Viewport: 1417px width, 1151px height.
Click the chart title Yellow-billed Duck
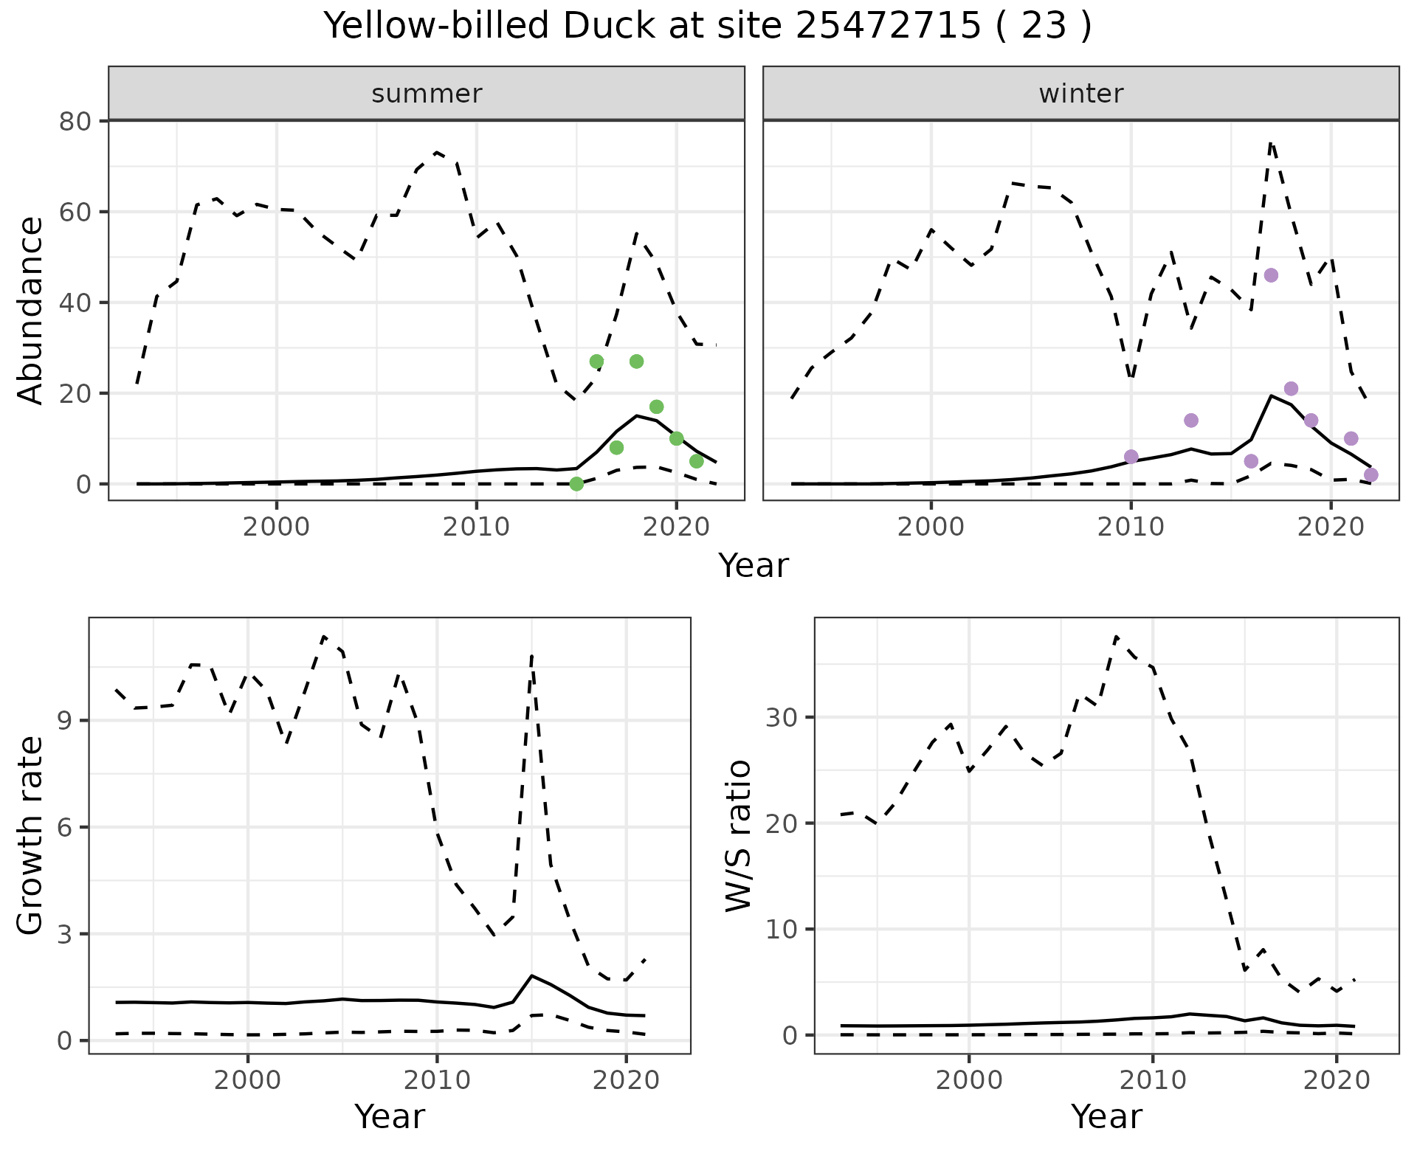point(707,27)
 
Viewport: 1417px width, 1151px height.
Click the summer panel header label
point(427,94)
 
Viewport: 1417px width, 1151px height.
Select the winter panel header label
point(1080,94)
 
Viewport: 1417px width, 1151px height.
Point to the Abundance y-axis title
point(31,310)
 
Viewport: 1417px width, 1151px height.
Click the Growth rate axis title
point(31,836)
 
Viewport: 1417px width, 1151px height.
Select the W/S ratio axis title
point(738,836)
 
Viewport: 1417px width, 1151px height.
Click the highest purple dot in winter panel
point(1271,275)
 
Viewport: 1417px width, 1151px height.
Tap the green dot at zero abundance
point(576,484)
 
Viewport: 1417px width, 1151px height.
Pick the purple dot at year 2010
point(1131,457)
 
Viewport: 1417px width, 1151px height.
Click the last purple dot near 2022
point(1371,474)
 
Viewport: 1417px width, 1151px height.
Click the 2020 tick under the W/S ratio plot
point(1336,1081)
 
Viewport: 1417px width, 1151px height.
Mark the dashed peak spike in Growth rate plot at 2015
point(531,655)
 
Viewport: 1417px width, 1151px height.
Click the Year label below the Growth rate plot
point(390,1116)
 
